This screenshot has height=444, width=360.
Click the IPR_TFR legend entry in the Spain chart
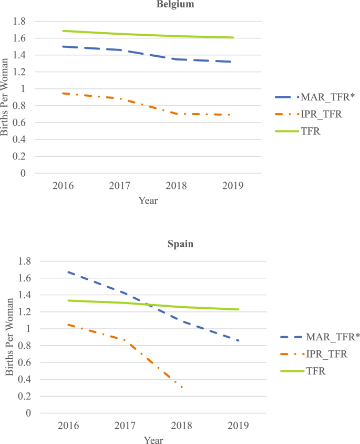pos(318,354)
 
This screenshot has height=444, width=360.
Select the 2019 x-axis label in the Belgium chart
pos(233,186)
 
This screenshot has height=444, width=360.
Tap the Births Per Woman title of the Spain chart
pos(9,337)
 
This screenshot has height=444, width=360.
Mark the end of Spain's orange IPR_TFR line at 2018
pos(182,388)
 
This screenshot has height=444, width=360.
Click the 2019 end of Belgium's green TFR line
pos(233,37)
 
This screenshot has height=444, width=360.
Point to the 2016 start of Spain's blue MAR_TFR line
pos(68,272)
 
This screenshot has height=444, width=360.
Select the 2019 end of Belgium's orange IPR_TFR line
pos(231,115)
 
